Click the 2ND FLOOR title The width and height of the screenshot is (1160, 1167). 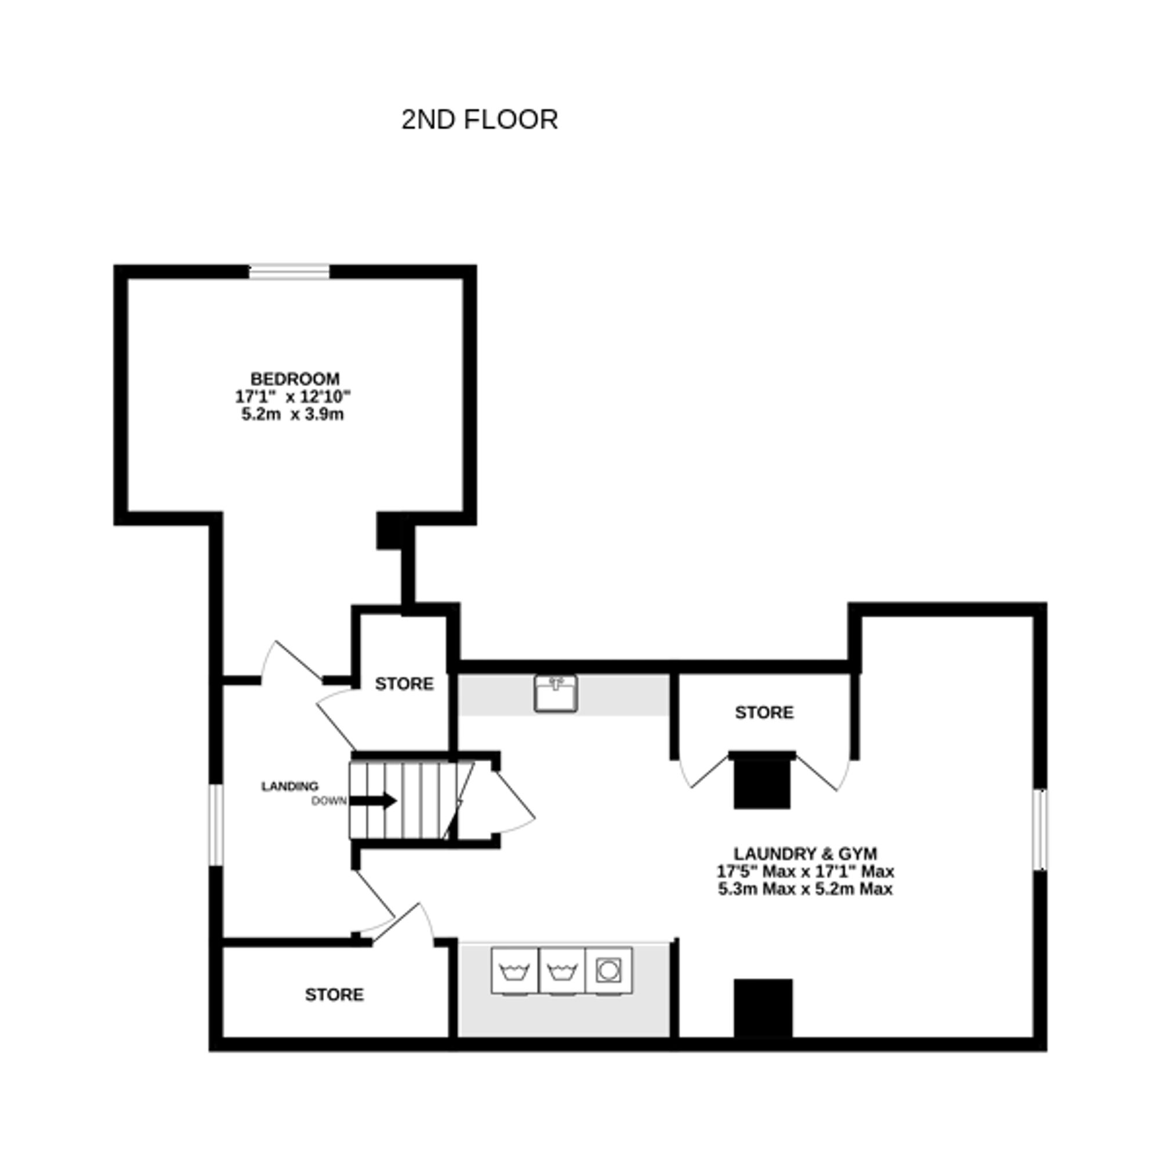click(x=479, y=119)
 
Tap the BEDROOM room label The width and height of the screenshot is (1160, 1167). click(x=295, y=379)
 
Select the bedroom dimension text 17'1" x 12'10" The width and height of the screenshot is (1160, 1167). click(x=293, y=397)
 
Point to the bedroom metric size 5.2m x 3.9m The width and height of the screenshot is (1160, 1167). click(x=292, y=415)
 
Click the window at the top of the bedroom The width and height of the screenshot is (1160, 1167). click(x=289, y=272)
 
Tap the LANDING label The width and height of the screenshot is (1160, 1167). click(x=289, y=786)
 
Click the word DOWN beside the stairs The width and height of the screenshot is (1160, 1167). click(x=329, y=801)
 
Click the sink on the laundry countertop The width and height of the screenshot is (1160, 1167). click(x=555, y=693)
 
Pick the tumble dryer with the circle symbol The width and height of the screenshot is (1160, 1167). click(x=608, y=970)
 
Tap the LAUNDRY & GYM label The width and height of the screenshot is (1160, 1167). click(x=806, y=853)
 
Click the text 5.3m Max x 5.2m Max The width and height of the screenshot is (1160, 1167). click(x=806, y=889)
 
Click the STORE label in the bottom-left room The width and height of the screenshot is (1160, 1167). click(x=334, y=995)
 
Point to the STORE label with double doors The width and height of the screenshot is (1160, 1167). click(x=764, y=712)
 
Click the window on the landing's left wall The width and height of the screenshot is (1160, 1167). click(x=216, y=825)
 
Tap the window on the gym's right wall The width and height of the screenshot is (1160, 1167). click(x=1040, y=830)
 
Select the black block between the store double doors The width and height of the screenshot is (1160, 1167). click(x=762, y=781)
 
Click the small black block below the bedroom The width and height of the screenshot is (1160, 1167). click(x=389, y=531)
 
